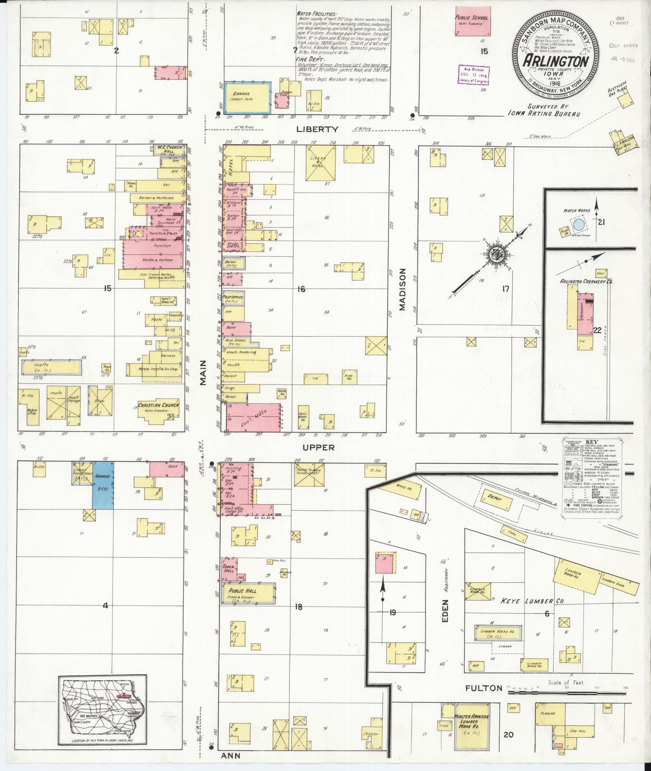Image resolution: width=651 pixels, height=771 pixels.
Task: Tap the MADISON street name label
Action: click(402, 289)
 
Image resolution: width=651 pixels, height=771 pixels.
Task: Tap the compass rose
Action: click(495, 254)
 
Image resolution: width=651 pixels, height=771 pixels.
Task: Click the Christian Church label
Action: click(158, 405)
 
